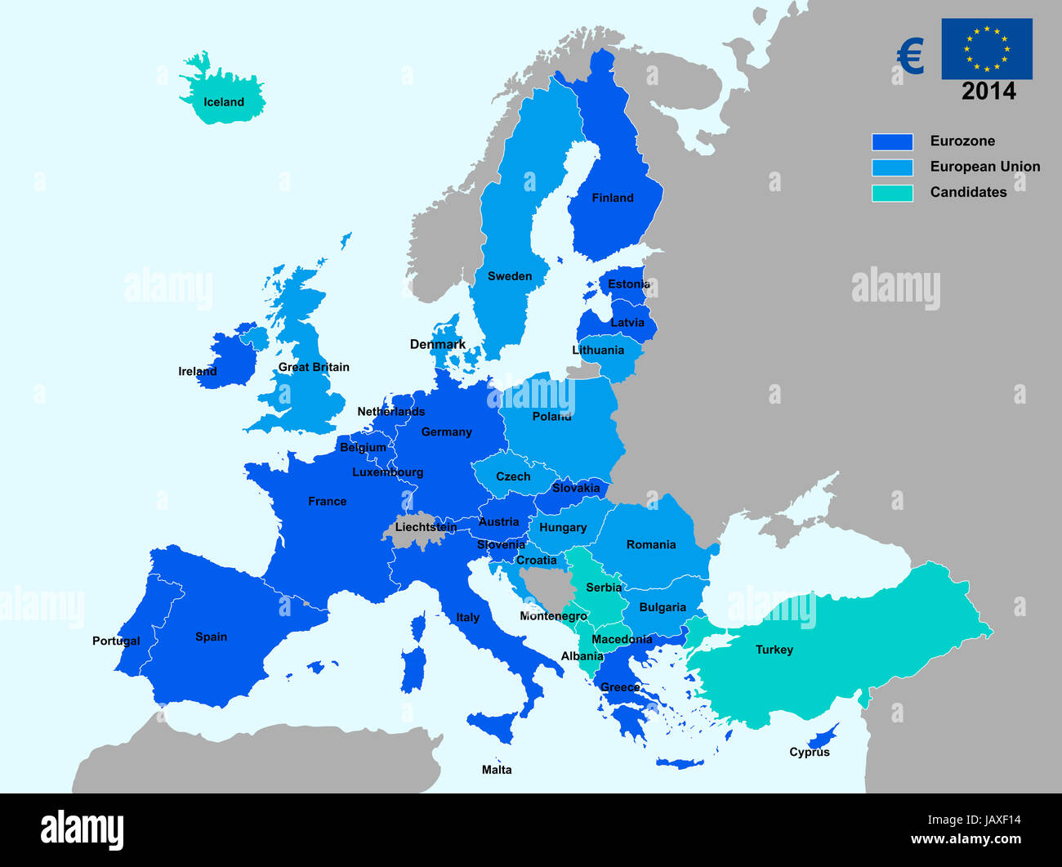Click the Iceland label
click(x=223, y=102)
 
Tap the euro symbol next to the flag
click(x=910, y=57)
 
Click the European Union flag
click(x=986, y=49)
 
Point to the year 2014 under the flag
click(x=988, y=91)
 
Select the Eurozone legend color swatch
click(x=892, y=141)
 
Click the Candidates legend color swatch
click(x=892, y=193)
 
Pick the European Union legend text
click(x=984, y=167)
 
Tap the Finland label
click(x=612, y=198)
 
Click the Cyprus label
click(x=809, y=752)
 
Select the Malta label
click(x=497, y=770)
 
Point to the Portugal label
click(x=116, y=641)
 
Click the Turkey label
click(x=774, y=650)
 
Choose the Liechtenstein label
click(x=426, y=527)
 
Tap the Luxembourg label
click(x=387, y=472)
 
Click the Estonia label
click(x=628, y=284)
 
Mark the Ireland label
click(x=198, y=372)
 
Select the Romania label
click(x=650, y=544)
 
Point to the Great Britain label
click(x=313, y=367)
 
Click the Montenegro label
click(x=553, y=616)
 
